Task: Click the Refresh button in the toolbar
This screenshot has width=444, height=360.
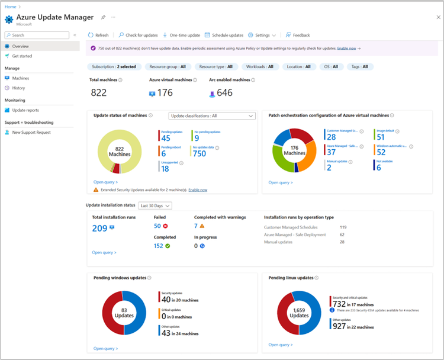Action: tap(98, 35)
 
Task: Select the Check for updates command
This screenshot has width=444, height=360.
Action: tap(138, 35)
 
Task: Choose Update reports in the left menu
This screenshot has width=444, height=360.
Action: tap(25, 110)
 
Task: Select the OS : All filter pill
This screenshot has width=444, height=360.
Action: tap(331, 67)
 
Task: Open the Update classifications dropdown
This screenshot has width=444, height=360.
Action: tap(211, 116)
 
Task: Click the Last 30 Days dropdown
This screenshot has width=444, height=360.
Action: tap(155, 205)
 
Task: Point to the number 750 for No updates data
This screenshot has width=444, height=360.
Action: tap(200, 153)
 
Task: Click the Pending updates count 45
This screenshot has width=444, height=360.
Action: tap(166, 139)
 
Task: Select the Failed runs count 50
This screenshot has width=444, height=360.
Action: tap(157, 226)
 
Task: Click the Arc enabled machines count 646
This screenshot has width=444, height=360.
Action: tap(224, 92)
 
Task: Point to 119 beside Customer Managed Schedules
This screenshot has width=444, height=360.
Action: tap(343, 227)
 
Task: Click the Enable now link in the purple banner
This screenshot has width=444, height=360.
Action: tap(347, 48)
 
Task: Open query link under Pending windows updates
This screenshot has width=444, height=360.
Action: tap(105, 348)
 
